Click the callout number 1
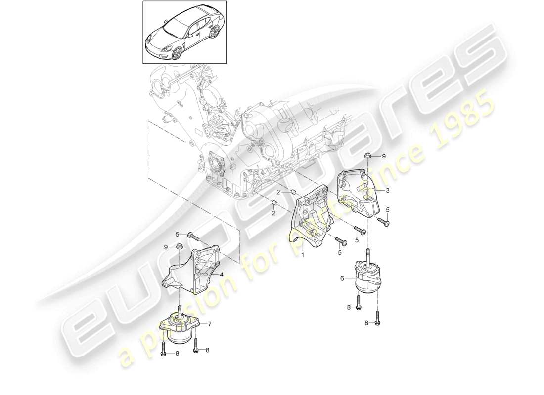[x=303, y=256]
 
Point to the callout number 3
[x=388, y=190]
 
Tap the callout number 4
[x=221, y=275]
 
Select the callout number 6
[x=342, y=278]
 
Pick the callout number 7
[x=210, y=324]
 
